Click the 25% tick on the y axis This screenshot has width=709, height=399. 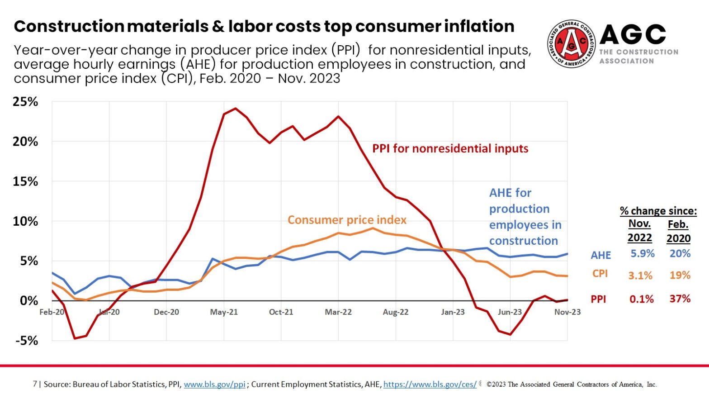pyautogui.click(x=25, y=102)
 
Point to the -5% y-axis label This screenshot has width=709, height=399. pyautogui.click(x=27, y=341)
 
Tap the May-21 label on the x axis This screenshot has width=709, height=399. pyautogui.click(x=224, y=312)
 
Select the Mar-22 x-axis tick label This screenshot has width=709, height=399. pyautogui.click(x=338, y=312)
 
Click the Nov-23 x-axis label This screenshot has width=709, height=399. pyautogui.click(x=567, y=312)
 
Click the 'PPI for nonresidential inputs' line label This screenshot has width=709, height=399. pyautogui.click(x=450, y=148)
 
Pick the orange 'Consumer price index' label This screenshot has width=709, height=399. pyautogui.click(x=347, y=220)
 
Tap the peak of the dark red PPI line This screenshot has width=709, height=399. pyautogui.click(x=235, y=109)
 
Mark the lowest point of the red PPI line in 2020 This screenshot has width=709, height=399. pyautogui.click(x=75, y=338)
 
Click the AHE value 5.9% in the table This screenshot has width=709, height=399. pyautogui.click(x=643, y=253)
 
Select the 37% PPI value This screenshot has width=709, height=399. pyautogui.click(x=680, y=299)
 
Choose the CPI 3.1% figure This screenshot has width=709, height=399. pyautogui.click(x=640, y=275)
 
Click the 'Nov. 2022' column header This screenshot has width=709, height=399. pyautogui.click(x=639, y=231)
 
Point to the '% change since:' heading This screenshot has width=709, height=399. pyautogui.click(x=658, y=211)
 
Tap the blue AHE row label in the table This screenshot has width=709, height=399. pyautogui.click(x=600, y=255)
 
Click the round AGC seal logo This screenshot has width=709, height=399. pyautogui.click(x=572, y=44)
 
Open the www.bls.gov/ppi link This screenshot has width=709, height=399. pyautogui.click(x=214, y=385)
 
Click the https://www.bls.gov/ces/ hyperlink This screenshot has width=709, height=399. pyautogui.click(x=430, y=385)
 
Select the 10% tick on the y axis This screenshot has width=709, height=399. pyautogui.click(x=25, y=221)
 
